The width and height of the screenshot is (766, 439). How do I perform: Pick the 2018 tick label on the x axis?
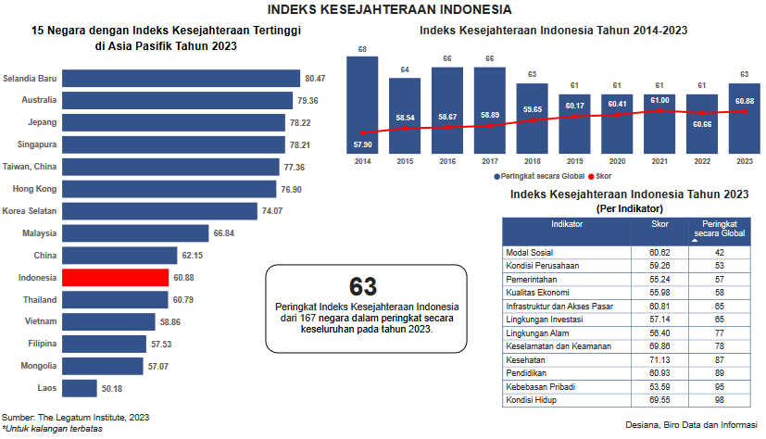point(532,160)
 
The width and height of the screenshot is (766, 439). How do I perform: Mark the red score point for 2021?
point(659,110)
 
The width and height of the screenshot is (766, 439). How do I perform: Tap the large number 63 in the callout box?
point(363,287)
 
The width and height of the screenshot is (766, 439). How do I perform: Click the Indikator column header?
point(566,224)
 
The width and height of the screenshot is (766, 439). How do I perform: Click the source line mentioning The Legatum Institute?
point(76,418)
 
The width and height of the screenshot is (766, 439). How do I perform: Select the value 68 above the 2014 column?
point(361,49)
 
